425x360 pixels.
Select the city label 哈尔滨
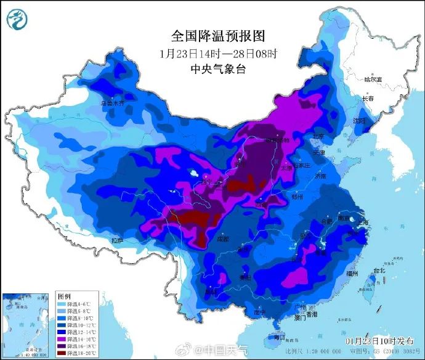pos(373,80)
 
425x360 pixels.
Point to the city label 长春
pos(368,99)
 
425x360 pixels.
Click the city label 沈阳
pos(359,121)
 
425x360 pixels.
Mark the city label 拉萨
pos(119,239)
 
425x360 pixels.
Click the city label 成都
pos(222,239)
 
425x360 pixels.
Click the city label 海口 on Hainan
pos(280,337)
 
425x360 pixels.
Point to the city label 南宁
pos(260,312)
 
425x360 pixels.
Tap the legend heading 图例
pos(63,297)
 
